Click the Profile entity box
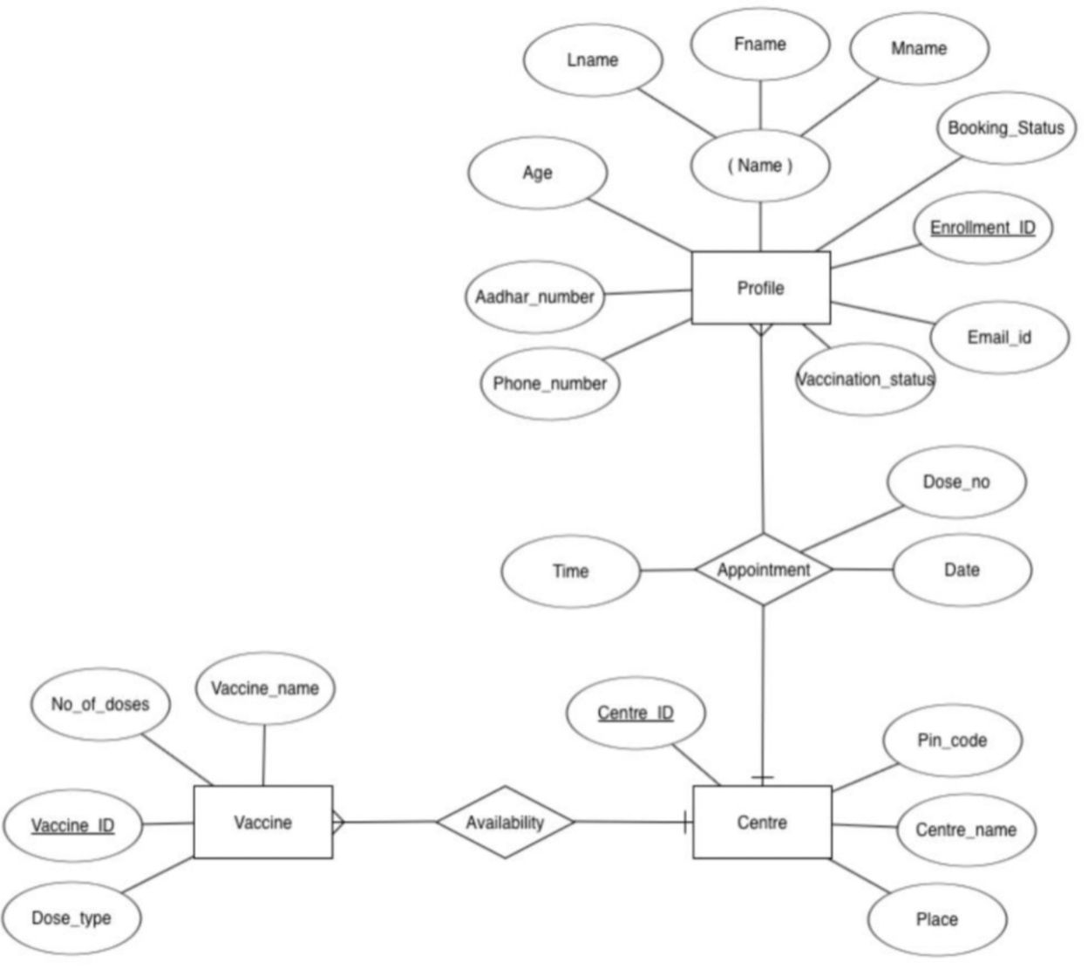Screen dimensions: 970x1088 point(760,288)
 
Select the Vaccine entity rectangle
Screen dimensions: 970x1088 point(262,822)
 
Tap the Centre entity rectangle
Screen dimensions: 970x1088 point(762,822)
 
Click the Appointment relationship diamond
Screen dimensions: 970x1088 point(764,570)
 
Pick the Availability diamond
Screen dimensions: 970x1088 point(505,822)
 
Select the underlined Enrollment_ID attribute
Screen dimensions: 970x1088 point(983,228)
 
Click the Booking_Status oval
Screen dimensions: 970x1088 point(1006,128)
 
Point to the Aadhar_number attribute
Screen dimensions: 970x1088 point(534,297)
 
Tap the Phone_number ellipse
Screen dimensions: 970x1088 point(549,384)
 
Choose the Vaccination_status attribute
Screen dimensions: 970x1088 point(865,379)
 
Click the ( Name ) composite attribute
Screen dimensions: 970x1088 point(759,166)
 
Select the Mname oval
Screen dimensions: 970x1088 point(919,49)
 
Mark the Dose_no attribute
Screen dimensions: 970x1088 point(956,482)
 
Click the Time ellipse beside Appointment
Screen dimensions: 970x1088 point(570,571)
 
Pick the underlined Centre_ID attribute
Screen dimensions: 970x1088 point(636,713)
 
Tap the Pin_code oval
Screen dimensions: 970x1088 point(952,741)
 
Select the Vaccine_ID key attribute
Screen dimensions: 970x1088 point(72,825)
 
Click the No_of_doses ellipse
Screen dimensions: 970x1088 point(100,704)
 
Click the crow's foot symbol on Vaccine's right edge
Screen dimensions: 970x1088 point(338,822)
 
